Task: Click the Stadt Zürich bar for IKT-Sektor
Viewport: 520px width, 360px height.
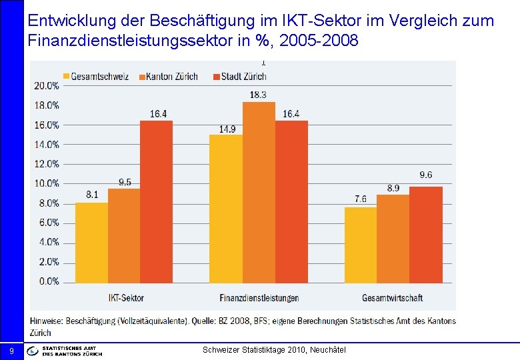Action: [x=156, y=201]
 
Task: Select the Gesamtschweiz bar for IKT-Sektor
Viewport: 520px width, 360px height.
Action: [x=91, y=242]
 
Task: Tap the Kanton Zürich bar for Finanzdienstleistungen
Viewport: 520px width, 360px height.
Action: [x=259, y=192]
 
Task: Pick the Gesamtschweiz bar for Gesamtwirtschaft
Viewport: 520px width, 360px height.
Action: [x=361, y=245]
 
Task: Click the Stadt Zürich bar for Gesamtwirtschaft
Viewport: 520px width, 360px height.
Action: [x=425, y=235]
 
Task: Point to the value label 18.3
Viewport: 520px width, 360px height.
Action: [x=259, y=95]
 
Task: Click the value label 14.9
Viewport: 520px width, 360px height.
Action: [x=227, y=129]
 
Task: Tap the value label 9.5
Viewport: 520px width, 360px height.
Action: [x=125, y=182]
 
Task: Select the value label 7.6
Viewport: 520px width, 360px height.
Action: [x=361, y=199]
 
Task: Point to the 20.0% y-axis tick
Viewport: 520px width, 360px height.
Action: [x=47, y=85]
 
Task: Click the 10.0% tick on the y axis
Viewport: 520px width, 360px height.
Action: [x=47, y=183]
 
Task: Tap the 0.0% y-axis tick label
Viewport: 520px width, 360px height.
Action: [x=49, y=281]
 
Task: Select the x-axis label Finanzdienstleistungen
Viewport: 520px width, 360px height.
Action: [x=259, y=297]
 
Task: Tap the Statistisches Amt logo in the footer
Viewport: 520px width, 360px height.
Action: [x=65, y=351]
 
